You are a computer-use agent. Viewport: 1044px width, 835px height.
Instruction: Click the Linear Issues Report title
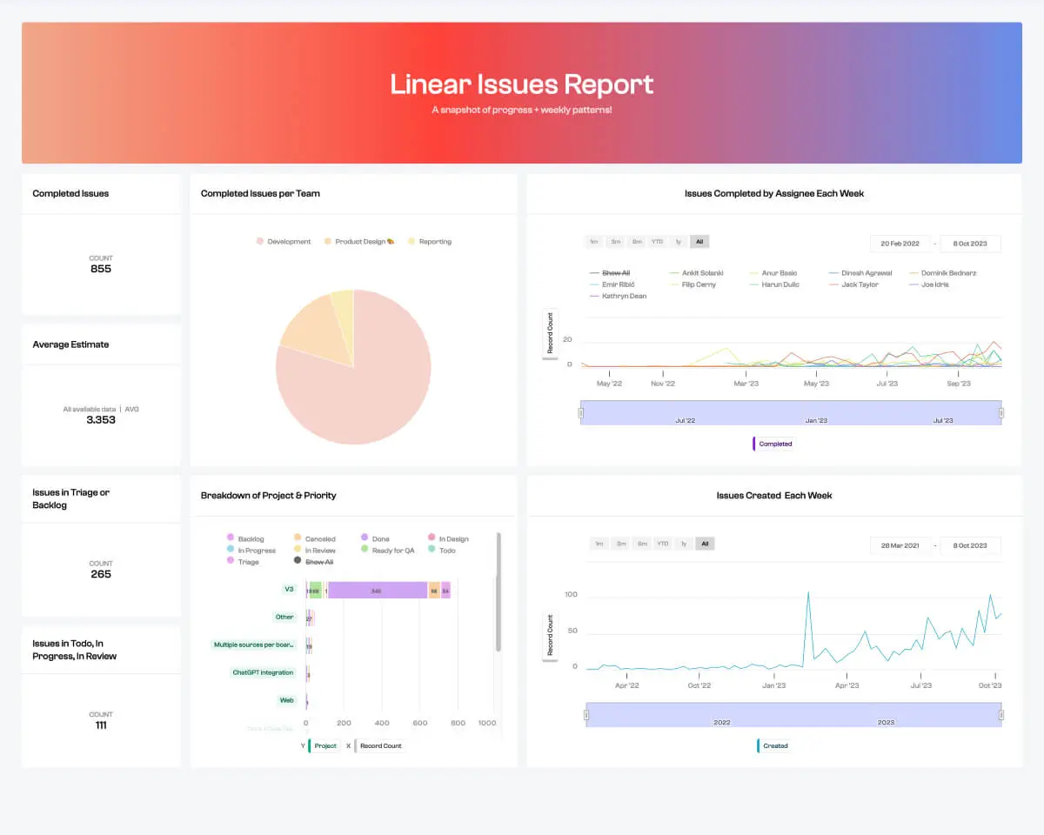tap(521, 84)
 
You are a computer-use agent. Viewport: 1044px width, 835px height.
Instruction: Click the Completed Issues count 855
tap(101, 269)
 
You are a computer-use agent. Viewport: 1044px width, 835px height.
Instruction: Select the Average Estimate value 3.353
tap(101, 420)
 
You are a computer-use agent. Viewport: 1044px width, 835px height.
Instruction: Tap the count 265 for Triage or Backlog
tap(101, 574)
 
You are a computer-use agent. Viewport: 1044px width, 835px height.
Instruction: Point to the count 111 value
tap(101, 725)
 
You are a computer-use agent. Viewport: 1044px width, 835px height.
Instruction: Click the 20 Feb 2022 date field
tap(900, 244)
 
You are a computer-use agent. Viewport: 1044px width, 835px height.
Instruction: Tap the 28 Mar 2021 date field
tap(900, 545)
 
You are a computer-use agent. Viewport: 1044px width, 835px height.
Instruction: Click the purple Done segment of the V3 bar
tap(376, 591)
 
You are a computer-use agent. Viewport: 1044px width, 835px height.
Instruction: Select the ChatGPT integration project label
tap(263, 672)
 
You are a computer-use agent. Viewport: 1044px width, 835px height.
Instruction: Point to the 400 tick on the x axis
tap(381, 723)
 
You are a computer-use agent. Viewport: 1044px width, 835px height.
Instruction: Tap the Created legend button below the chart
tap(774, 745)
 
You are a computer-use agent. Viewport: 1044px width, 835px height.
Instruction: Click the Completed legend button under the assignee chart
tap(774, 444)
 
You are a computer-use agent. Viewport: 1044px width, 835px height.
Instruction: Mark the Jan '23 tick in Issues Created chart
tap(773, 685)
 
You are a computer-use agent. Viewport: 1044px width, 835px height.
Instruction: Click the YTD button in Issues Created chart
tap(662, 544)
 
